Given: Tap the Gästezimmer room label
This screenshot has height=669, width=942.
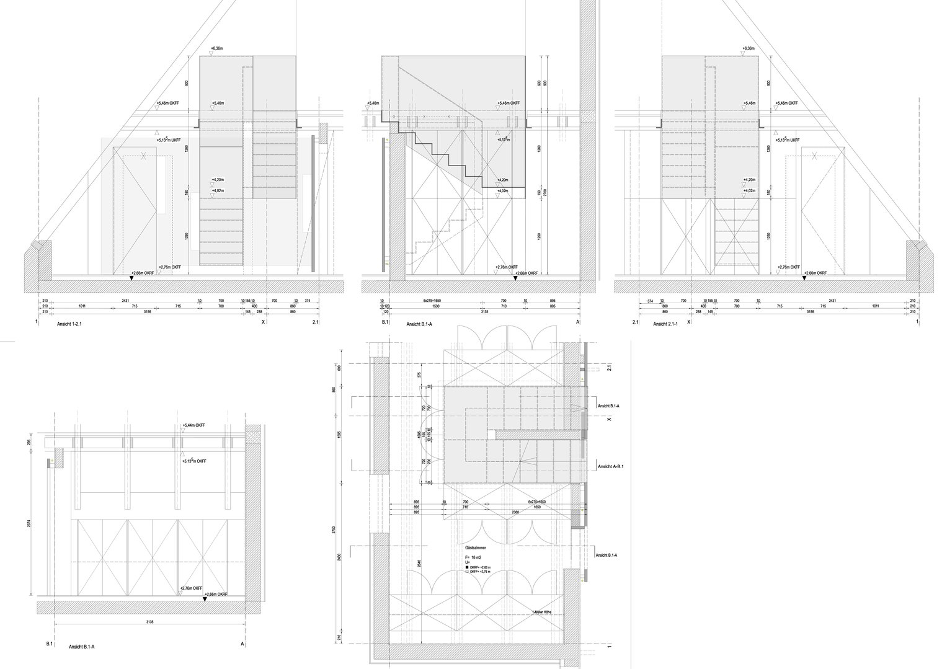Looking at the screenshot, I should click(474, 549).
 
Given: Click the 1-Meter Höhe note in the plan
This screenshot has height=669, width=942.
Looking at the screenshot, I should click(542, 612).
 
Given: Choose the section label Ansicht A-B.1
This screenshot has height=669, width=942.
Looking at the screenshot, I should click(610, 466).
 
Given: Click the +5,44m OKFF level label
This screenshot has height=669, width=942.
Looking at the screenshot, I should click(193, 426).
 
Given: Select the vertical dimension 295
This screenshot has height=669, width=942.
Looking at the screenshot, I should click(30, 442).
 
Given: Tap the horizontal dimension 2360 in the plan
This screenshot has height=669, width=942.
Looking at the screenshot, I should click(515, 513).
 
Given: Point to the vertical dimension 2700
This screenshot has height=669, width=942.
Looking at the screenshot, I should click(546, 193).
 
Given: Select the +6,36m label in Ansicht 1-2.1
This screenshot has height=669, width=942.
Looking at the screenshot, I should click(218, 48).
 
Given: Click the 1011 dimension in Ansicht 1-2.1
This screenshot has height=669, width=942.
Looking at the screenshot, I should click(82, 306).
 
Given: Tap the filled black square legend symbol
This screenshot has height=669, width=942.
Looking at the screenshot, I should click(466, 567).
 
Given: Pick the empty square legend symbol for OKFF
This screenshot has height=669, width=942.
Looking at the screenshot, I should click(466, 572).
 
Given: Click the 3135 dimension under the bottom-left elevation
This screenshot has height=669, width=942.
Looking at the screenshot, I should click(149, 621).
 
